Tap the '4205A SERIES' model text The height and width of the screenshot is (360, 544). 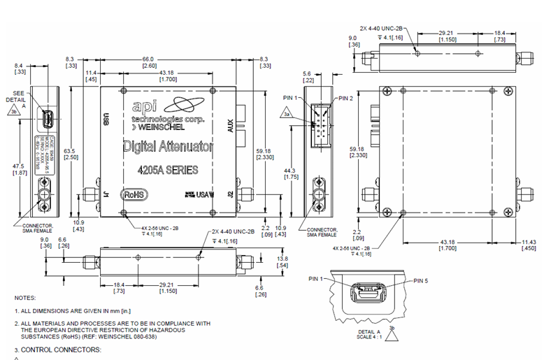coord(169,170)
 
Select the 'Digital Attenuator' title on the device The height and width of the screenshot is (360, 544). coord(169,147)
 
